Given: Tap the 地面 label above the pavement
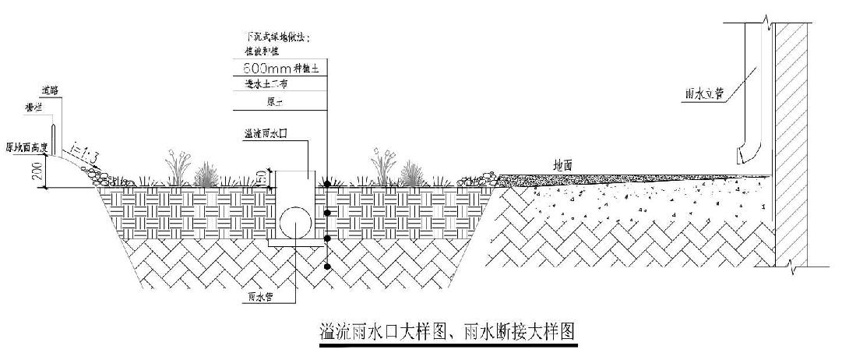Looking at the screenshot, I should coord(563,166).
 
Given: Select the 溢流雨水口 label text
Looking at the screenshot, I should coord(268,134).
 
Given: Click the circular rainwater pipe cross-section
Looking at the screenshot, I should coord(294,221).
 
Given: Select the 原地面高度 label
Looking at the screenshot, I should coord(27,146).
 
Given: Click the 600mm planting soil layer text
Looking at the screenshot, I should coord(281,69).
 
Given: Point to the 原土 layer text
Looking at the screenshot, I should coord(275,101).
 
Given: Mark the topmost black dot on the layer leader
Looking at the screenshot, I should coord(327,183).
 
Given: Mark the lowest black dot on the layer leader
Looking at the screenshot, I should coord(327,267).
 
